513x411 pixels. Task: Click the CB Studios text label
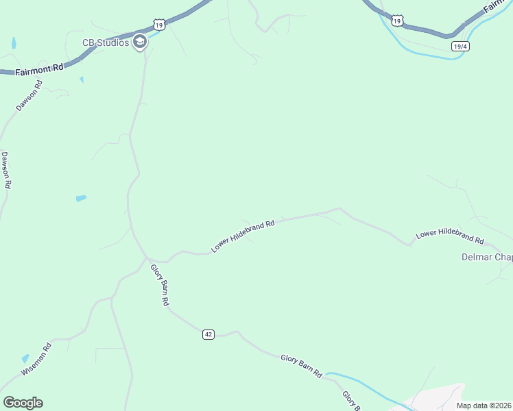point(106,42)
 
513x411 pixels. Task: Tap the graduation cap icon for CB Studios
point(140,42)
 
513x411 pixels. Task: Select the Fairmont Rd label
point(38,67)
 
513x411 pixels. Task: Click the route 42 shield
point(208,334)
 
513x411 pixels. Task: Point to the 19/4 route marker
point(460,46)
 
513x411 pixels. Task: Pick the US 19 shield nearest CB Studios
point(159,25)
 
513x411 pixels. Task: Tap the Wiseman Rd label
point(36,359)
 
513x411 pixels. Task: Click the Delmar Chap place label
point(486,258)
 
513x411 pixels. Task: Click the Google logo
point(23,403)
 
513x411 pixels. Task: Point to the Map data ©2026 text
point(483,406)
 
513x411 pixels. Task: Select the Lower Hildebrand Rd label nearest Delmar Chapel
point(450,236)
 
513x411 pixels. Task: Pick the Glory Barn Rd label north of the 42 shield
point(160,284)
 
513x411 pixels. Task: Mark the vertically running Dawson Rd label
point(6,171)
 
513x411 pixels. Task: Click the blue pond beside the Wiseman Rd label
point(25,358)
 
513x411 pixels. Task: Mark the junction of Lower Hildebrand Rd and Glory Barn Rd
point(146,258)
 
